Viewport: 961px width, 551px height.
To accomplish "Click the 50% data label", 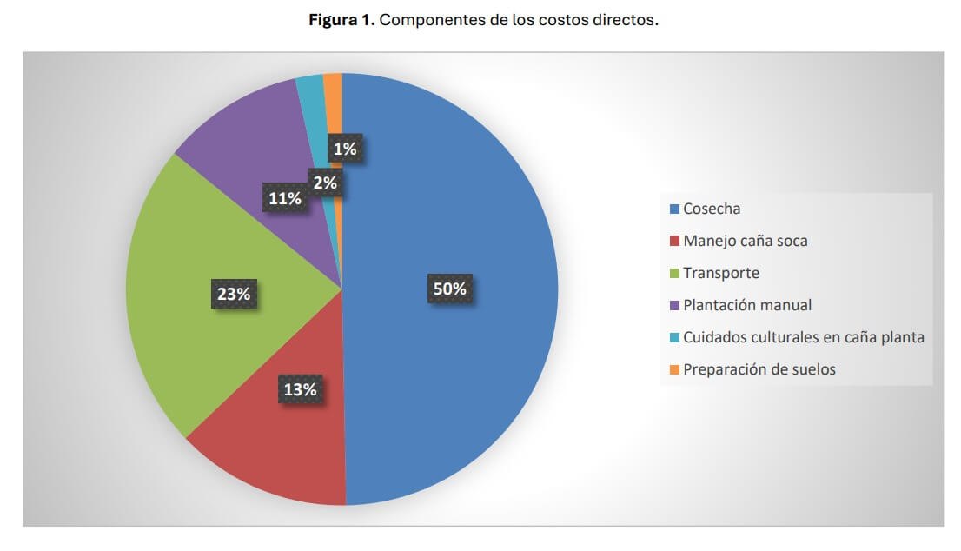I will click(x=450, y=289).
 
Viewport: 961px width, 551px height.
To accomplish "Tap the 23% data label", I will click(x=234, y=295).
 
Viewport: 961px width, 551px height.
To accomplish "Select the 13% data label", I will click(x=300, y=389).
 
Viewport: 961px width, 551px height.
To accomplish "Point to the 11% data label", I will click(x=285, y=198).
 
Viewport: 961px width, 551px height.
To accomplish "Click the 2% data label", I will click(x=326, y=183).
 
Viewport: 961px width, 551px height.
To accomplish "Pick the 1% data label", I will click(x=345, y=149).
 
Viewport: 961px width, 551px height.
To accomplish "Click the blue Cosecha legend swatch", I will click(x=674, y=209).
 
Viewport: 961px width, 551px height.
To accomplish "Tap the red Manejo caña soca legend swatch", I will click(x=674, y=241).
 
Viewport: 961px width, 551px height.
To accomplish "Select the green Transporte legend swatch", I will click(x=674, y=273).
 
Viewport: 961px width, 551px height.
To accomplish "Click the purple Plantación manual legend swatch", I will click(x=674, y=305).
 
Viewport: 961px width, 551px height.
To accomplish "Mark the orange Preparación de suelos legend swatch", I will click(x=674, y=369).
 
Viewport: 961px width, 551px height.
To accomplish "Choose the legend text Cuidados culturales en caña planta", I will click(x=803, y=337).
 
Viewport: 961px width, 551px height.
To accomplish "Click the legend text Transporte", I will click(x=721, y=273).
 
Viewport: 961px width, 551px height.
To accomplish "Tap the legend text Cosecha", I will click(x=712, y=209).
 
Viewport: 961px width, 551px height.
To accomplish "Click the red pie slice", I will click(x=278, y=443).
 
